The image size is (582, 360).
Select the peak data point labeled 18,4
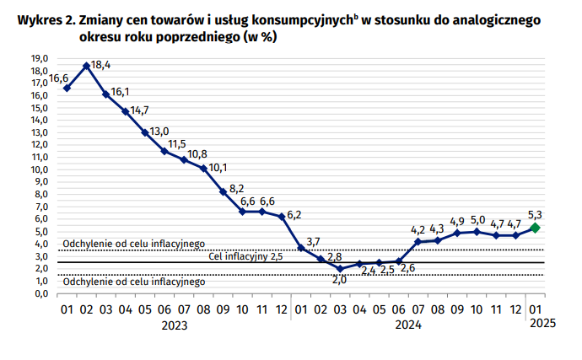coord(87,66)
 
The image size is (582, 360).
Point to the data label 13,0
coord(159,132)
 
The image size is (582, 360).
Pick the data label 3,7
coord(313,242)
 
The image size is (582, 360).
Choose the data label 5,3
coord(535,213)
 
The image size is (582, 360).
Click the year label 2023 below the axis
coord(175,324)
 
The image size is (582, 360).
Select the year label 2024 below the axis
coord(408,324)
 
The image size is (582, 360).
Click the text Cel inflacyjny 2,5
coord(245,256)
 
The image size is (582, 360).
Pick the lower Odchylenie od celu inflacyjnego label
coord(134,282)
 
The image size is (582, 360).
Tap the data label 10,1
coord(219,167)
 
